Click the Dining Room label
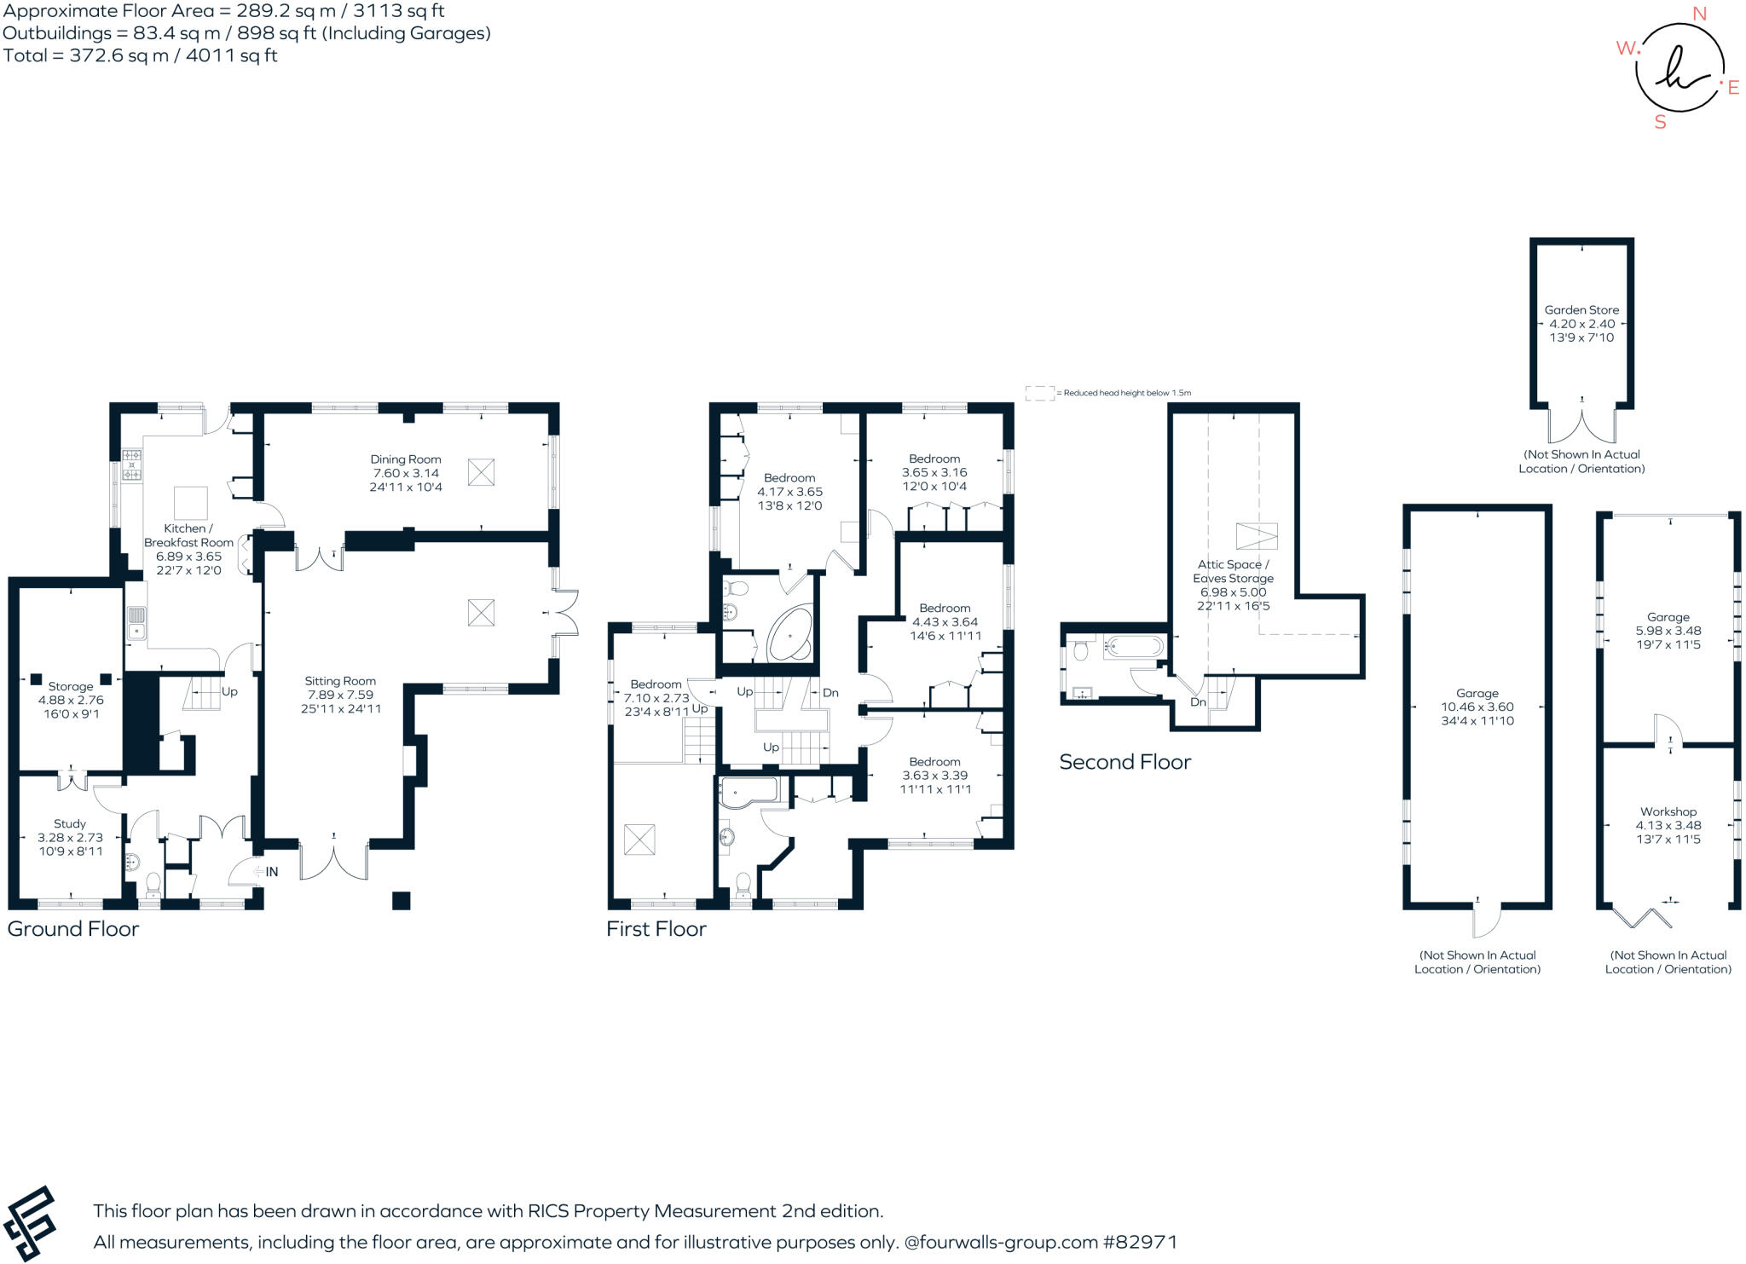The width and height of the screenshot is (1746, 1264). (x=405, y=459)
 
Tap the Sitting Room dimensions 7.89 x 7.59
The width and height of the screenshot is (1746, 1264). (x=340, y=695)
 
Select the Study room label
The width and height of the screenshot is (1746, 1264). (x=70, y=824)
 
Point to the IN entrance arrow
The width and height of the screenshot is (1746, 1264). (x=265, y=872)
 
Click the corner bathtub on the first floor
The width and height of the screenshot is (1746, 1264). (x=791, y=635)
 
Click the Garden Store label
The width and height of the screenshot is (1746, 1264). (x=1581, y=310)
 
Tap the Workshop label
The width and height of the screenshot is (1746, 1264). (x=1668, y=811)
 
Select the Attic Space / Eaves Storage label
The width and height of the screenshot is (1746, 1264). (x=1233, y=571)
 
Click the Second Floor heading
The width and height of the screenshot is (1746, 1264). (x=1124, y=762)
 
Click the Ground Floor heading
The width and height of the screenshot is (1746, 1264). (x=73, y=929)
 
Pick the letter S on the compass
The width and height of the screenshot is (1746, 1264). (x=1660, y=123)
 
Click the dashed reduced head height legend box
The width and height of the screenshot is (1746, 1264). (x=1039, y=393)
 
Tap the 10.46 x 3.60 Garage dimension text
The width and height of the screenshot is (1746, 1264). (x=1477, y=707)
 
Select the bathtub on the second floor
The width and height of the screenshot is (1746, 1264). (x=1133, y=646)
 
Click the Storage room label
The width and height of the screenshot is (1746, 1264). (x=71, y=686)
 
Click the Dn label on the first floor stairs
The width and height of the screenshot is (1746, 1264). (x=830, y=693)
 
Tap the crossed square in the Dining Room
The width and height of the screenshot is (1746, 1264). (x=481, y=472)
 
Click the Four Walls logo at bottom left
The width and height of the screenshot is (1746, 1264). (x=30, y=1222)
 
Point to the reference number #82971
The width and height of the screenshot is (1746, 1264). (x=1140, y=1243)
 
